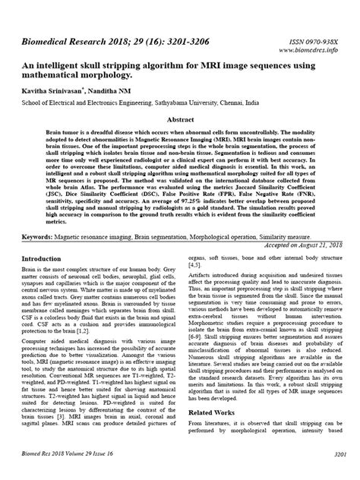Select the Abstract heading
point(180,120)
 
